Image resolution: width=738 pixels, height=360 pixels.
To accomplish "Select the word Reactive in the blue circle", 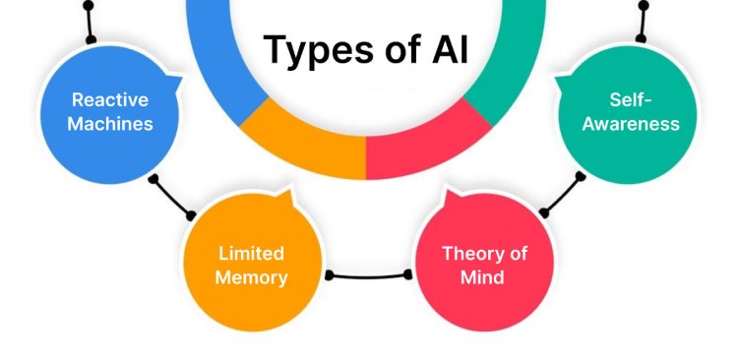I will [x=110, y=98].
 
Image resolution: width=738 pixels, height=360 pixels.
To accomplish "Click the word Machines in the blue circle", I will [x=110, y=124].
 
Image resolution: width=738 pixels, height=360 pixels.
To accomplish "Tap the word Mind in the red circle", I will [x=482, y=277].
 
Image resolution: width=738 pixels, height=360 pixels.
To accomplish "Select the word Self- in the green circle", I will [x=629, y=98].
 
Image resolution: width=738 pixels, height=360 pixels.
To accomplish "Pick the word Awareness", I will [x=629, y=124].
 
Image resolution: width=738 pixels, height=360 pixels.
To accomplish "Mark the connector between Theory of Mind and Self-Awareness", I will [x=563, y=195].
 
